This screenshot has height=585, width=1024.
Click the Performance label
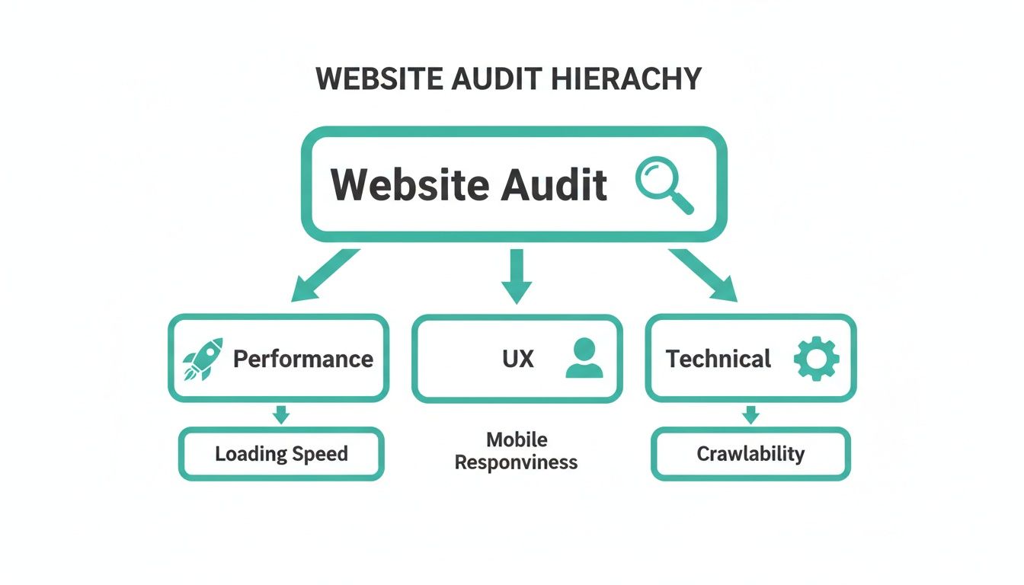(x=303, y=359)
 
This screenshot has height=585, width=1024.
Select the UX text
(x=518, y=359)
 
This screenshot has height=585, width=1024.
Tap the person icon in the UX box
(x=584, y=359)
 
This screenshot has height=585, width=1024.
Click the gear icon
(x=816, y=359)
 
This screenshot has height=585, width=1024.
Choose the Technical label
(x=718, y=359)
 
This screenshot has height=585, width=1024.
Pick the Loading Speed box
(x=281, y=454)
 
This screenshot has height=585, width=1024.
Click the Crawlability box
(x=750, y=454)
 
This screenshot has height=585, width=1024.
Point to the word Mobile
(x=517, y=440)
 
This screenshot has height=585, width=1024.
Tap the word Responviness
(x=517, y=462)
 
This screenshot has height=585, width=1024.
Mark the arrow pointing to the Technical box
(x=706, y=275)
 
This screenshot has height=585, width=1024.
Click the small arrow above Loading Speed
(x=281, y=414)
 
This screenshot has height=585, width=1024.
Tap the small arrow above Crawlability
(x=751, y=414)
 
